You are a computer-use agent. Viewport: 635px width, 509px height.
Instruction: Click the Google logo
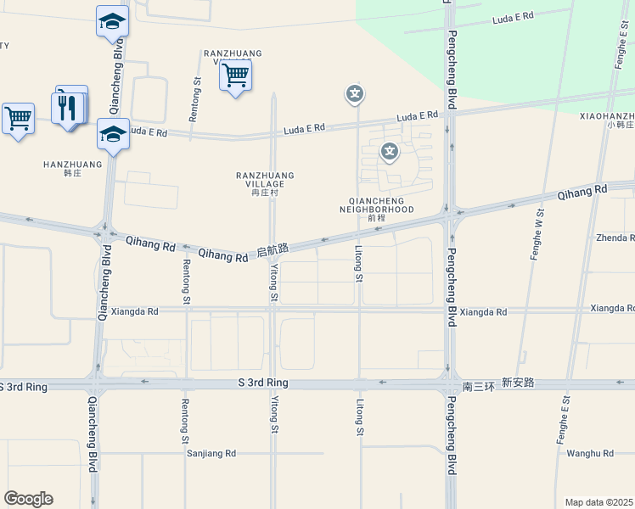[28, 499]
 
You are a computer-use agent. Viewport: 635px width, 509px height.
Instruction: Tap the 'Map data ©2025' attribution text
[598, 502]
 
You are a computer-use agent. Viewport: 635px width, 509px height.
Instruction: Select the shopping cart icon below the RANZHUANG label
[235, 76]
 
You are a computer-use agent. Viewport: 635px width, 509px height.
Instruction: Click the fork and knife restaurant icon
[68, 107]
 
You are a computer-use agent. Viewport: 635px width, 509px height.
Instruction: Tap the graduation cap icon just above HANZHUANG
[112, 134]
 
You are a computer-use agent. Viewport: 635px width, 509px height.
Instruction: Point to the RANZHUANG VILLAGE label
[265, 180]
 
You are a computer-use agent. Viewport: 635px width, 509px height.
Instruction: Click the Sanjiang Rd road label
[211, 454]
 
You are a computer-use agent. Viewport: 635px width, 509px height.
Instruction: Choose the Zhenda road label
[615, 238]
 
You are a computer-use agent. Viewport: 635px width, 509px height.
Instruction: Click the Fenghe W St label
[537, 234]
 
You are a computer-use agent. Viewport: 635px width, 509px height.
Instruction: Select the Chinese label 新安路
[518, 383]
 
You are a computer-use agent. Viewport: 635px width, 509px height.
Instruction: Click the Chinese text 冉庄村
[265, 193]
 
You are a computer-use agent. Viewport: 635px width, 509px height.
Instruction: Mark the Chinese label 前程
[377, 218]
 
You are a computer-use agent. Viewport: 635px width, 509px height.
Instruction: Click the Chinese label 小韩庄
[620, 125]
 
